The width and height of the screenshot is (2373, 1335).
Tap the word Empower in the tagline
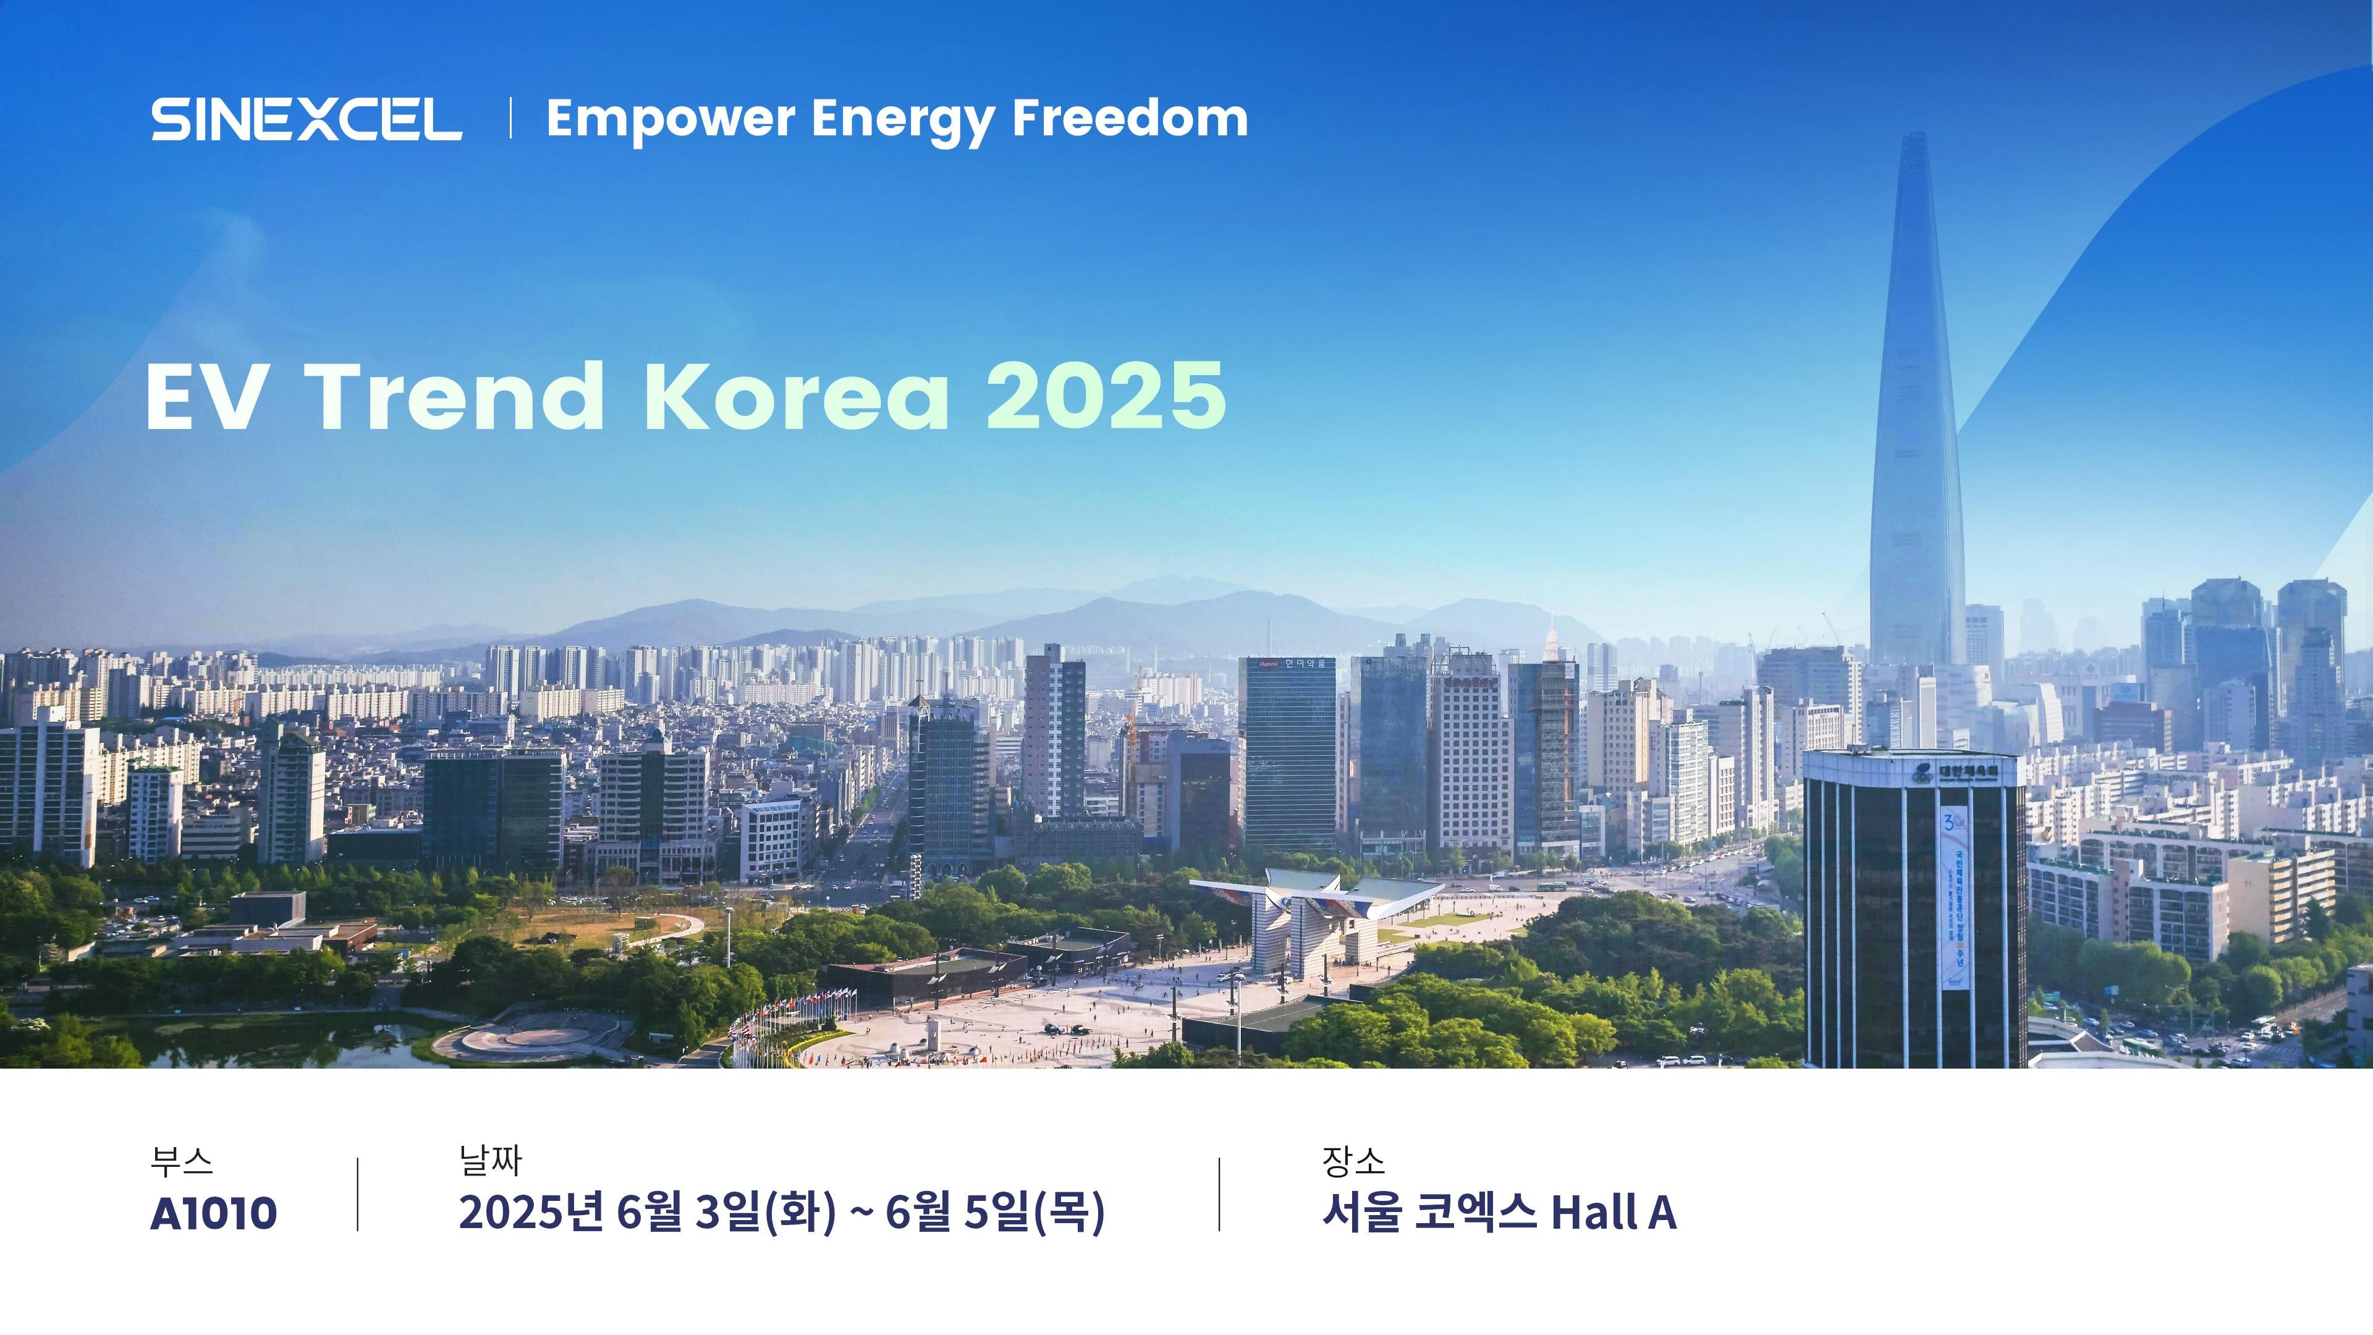point(670,121)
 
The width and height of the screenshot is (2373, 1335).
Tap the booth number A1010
point(214,1213)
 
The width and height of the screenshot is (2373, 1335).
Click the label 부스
point(182,1161)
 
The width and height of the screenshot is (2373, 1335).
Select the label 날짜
point(490,1161)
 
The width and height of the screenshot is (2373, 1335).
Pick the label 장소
point(1353,1161)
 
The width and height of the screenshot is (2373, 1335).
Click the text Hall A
point(1613,1213)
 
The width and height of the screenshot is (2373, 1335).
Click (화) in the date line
point(800,1213)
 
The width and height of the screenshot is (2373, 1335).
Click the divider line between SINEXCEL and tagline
point(510,119)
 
